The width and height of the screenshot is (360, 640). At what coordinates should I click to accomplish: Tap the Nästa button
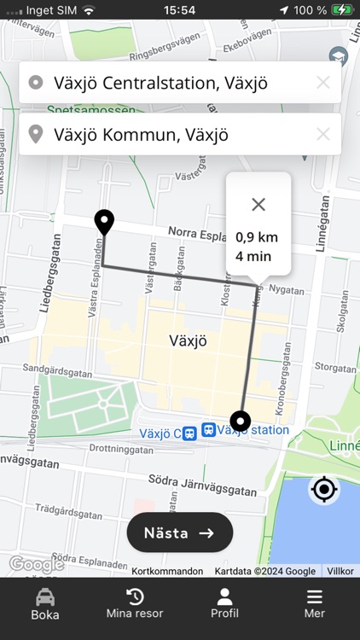click(180, 532)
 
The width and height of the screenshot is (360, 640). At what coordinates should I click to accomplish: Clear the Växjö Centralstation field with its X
click(323, 83)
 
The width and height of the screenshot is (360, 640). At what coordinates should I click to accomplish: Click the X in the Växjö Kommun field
click(323, 134)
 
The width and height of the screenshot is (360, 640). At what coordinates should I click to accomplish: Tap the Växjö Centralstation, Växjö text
click(160, 83)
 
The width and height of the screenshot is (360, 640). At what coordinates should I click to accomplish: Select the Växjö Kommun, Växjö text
click(141, 134)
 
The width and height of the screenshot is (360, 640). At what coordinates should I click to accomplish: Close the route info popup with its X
click(258, 204)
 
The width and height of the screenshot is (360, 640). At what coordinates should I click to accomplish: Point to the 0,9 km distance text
click(257, 237)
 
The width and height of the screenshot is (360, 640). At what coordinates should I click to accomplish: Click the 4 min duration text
click(253, 255)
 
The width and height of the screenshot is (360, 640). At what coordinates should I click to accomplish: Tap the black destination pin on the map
click(104, 222)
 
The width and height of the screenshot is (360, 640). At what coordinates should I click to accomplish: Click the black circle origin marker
click(241, 421)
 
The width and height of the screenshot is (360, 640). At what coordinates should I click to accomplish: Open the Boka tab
click(45, 604)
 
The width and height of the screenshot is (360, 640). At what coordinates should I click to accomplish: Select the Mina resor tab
click(135, 604)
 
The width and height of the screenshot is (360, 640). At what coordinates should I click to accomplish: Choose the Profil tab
click(224, 604)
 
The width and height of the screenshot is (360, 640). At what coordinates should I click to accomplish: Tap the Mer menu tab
click(315, 604)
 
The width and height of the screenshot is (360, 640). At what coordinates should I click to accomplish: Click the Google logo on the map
click(36, 564)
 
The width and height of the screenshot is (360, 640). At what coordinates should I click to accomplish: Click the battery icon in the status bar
click(342, 10)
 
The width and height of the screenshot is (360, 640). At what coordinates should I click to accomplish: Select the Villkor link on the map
click(340, 571)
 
